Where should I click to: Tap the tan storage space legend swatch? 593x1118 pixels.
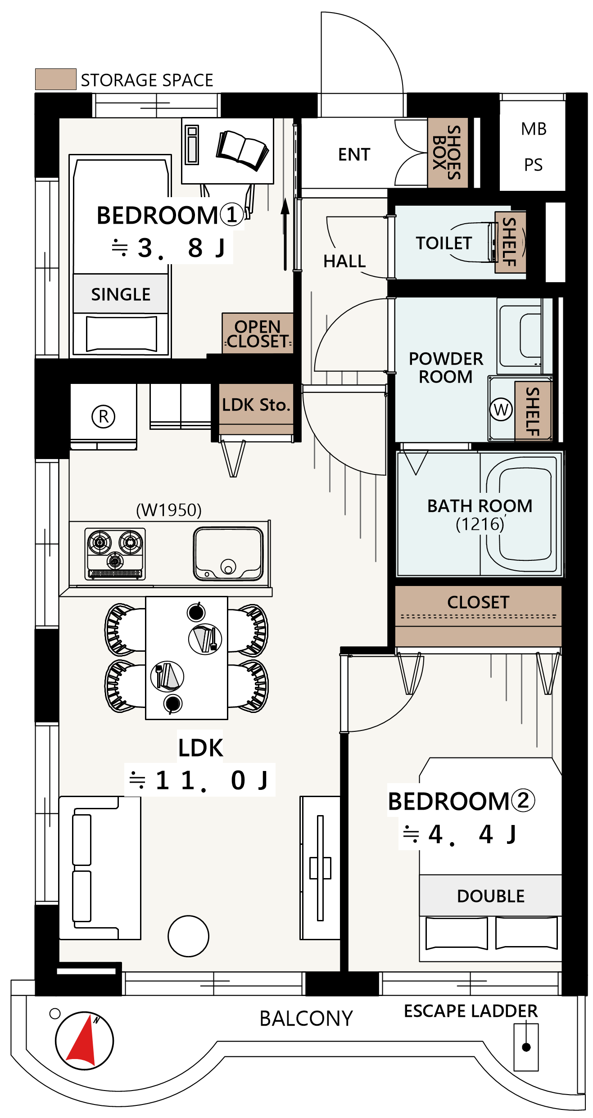pos(56,79)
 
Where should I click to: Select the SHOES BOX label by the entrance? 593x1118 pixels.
pos(447,153)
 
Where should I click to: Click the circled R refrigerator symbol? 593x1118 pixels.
pos(104,416)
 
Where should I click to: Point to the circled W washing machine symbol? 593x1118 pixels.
pos(501,410)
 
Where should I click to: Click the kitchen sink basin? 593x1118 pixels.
pos(228,554)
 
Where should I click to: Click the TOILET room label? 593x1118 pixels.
pos(444,243)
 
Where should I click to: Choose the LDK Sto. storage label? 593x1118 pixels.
pos(255,405)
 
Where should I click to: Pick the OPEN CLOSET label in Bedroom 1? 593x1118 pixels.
pos(258,334)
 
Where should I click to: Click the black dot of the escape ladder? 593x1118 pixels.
pos(526,1047)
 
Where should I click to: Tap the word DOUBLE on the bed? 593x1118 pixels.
pos(491,896)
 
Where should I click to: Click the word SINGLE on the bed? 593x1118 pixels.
pos(121,294)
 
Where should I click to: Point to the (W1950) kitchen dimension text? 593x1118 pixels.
pos(169,510)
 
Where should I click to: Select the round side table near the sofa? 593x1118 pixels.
pos(188,936)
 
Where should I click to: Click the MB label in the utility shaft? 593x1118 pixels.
pos(534,129)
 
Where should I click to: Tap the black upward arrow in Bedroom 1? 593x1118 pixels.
pos(285,234)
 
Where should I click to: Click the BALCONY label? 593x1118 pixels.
pos(306,1019)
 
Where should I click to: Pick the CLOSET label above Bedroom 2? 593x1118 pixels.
pos(478,602)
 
